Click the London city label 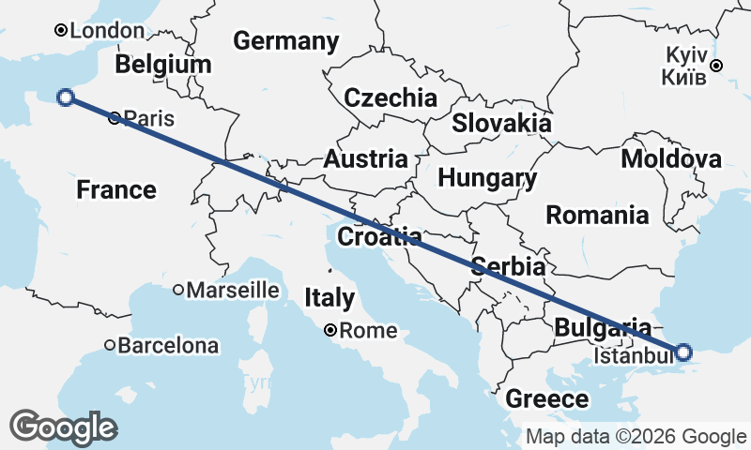[x=107, y=31]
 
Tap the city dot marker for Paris [x=115, y=118]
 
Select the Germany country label [x=285, y=41]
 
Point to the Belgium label [x=163, y=65]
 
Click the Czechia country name [x=391, y=97]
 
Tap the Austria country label [x=365, y=159]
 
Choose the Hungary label [x=487, y=178]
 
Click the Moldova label [x=670, y=158]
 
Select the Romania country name [x=597, y=215]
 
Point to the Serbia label [x=508, y=265]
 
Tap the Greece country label [x=547, y=399]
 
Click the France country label [x=116, y=190]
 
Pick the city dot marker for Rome [x=330, y=330]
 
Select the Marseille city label [x=233, y=291]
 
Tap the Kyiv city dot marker [x=716, y=66]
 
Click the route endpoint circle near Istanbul [x=683, y=352]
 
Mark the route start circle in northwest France [x=66, y=97]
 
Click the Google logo [x=65, y=427]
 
